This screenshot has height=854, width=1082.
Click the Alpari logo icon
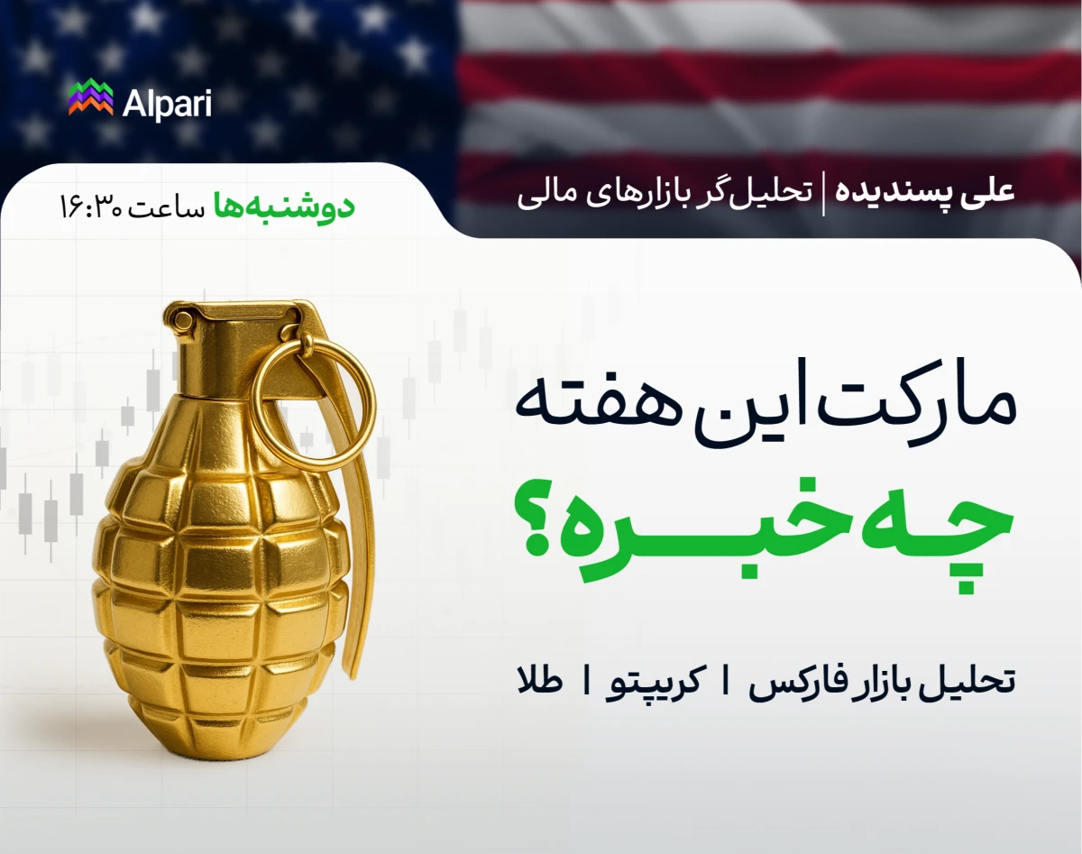90,98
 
